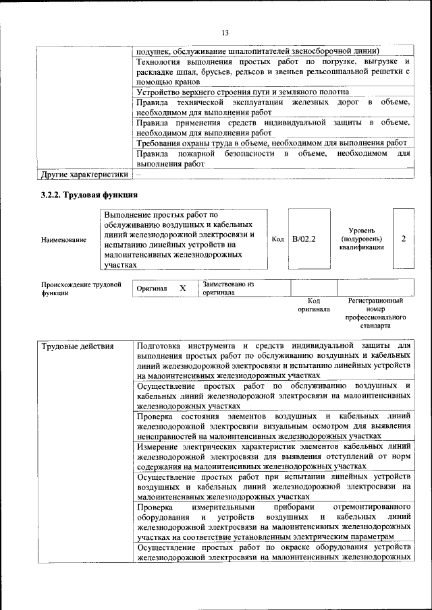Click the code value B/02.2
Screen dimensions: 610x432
(304, 239)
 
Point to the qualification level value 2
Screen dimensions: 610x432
(403, 239)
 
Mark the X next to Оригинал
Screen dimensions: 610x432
(182, 288)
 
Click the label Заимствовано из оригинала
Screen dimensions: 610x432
(228, 288)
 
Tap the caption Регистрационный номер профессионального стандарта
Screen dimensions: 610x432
(375, 312)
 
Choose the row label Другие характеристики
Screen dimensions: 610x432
(84, 175)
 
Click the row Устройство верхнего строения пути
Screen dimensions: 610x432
(242, 92)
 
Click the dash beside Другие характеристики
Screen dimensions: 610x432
(139, 175)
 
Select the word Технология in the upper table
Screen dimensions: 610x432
(161, 62)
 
